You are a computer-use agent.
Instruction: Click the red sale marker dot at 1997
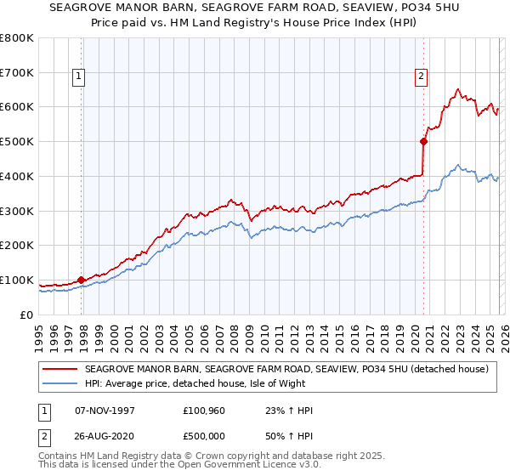[x=82, y=279]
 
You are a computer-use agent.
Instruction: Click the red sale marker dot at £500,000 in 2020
[x=423, y=142]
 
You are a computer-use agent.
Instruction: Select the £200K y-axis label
[x=17, y=245]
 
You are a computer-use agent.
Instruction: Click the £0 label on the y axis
[x=28, y=314]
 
